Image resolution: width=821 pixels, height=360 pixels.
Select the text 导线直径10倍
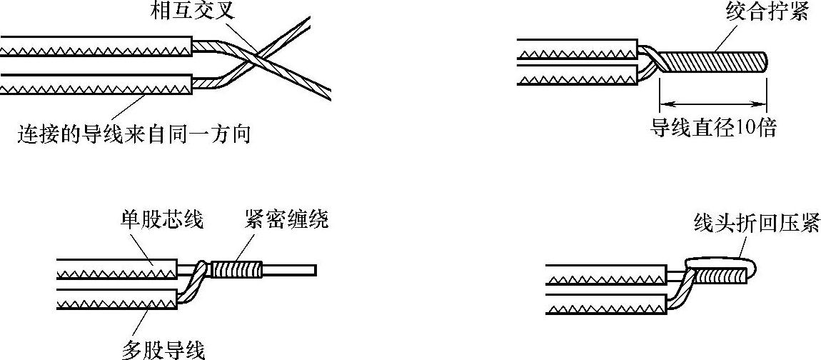(712, 129)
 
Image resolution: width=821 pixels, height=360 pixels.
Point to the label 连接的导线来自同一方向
(134, 133)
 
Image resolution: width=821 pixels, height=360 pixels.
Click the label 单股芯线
(161, 220)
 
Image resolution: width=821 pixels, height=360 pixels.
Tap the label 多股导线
(163, 350)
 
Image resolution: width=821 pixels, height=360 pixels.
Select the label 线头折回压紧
(757, 223)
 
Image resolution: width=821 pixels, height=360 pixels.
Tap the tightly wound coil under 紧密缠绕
(237, 270)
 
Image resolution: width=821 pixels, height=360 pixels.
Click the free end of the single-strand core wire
(313, 270)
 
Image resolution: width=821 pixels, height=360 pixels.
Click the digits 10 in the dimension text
(744, 129)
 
